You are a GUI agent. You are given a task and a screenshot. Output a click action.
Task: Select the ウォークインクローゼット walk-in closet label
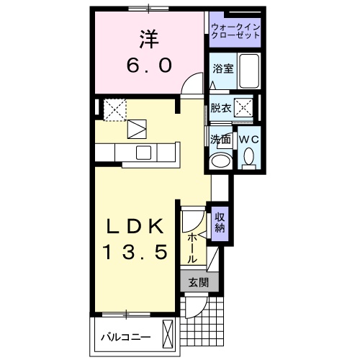click(235, 32)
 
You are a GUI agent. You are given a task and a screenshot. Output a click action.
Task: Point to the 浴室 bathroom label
click(222, 69)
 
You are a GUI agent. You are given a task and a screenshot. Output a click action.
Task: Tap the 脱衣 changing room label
click(220, 109)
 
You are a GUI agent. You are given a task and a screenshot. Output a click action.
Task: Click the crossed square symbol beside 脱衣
click(243, 109)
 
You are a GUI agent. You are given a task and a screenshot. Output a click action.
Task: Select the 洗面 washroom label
click(220, 138)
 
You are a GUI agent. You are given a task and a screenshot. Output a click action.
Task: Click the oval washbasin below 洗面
click(220, 161)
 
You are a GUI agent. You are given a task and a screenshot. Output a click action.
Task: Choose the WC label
click(248, 138)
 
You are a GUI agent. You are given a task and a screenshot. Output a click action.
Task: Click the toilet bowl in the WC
click(249, 156)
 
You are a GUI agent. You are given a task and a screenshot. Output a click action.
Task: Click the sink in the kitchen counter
click(143, 152)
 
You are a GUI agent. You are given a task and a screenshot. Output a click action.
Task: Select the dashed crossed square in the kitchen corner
click(115, 109)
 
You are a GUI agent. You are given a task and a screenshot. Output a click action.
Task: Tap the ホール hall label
click(193, 247)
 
